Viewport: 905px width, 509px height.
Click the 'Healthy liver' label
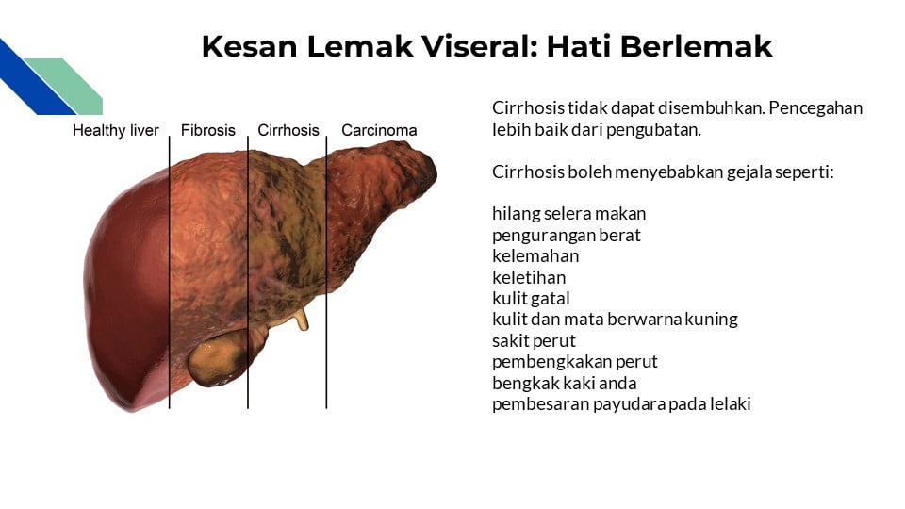point(116,131)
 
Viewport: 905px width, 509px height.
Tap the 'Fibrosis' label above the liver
point(208,131)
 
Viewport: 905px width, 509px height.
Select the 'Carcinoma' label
point(379,131)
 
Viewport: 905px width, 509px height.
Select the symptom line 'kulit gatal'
point(531,298)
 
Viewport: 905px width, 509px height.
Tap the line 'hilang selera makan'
point(568,214)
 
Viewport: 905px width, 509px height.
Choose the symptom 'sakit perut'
point(534,340)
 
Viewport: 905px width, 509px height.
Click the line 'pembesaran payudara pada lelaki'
point(621,404)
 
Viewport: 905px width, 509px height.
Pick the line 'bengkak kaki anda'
point(564,383)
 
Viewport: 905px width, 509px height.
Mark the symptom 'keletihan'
point(529,277)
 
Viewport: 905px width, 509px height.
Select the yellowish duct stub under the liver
point(301,320)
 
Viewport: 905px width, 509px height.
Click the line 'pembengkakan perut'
point(574,362)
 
